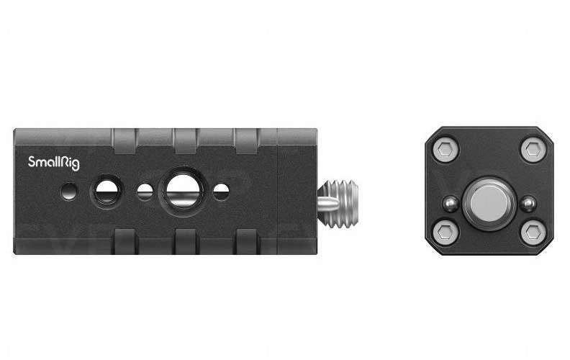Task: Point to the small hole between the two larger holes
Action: (x=145, y=192)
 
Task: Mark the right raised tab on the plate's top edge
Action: (x=246, y=136)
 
